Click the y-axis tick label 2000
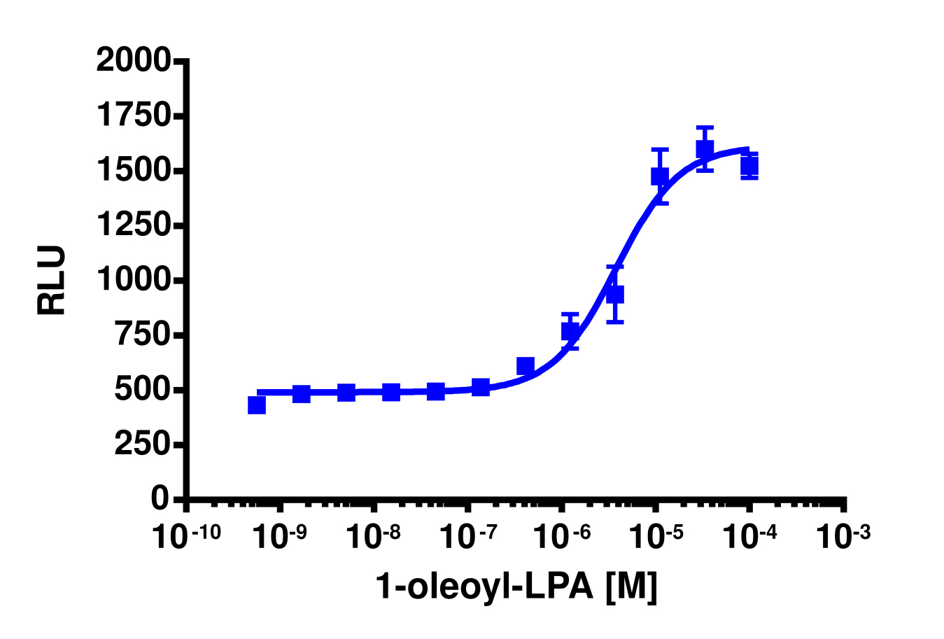click(x=133, y=60)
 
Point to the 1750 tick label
click(x=133, y=115)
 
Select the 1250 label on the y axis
click(x=133, y=225)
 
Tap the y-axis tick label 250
click(x=143, y=444)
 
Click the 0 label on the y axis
click(x=160, y=498)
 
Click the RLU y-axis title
click(x=52, y=280)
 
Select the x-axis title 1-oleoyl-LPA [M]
click(x=516, y=587)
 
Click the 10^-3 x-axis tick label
click(x=843, y=536)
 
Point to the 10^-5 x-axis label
click(x=656, y=536)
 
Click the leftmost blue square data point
click(x=257, y=405)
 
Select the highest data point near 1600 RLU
click(x=705, y=149)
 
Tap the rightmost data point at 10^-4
click(x=749, y=166)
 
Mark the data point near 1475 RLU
click(x=660, y=176)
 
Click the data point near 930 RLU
click(x=615, y=295)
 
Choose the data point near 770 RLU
click(x=570, y=330)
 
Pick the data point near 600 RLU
click(x=526, y=366)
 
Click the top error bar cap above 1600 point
click(x=705, y=128)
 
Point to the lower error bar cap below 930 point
click(x=615, y=321)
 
